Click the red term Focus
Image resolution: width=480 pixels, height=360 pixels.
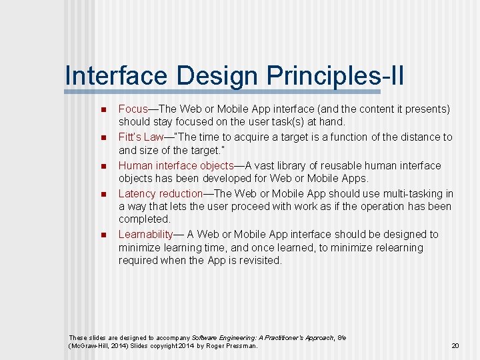[133, 109]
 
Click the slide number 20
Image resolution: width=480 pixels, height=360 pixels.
[455, 346]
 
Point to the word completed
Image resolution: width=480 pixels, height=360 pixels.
[144, 219]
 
